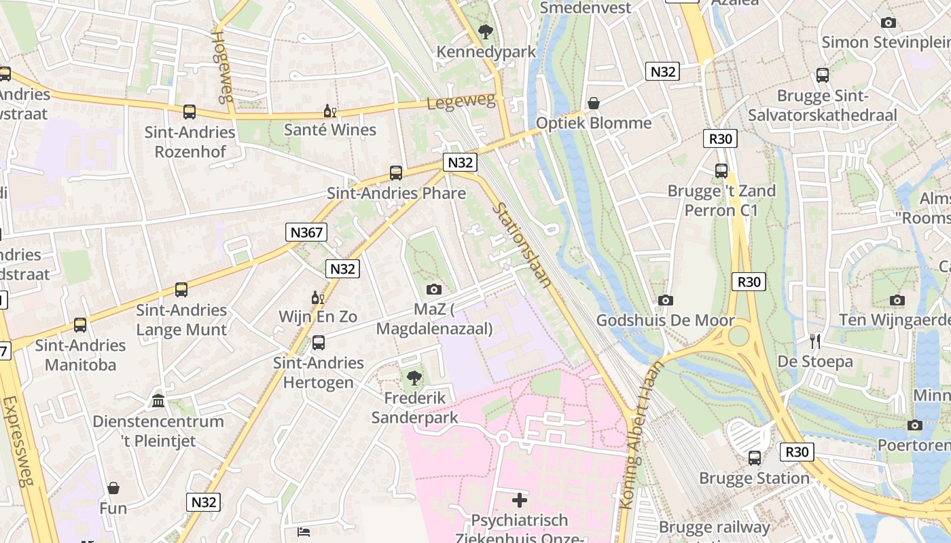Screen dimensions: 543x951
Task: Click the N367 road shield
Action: click(x=307, y=232)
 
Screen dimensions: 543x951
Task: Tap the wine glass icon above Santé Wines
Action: click(x=330, y=111)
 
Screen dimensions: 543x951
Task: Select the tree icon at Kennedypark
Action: click(x=486, y=31)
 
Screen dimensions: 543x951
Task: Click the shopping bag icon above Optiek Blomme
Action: click(x=594, y=103)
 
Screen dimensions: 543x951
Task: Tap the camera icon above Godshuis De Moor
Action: click(x=666, y=300)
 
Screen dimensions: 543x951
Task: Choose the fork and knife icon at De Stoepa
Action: click(x=815, y=341)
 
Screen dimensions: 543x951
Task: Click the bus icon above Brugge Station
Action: click(x=755, y=458)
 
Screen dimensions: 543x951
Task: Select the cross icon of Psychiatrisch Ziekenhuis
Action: click(x=520, y=501)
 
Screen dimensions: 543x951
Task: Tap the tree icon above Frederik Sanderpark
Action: click(x=414, y=378)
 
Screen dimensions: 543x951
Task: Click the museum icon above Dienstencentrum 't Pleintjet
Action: click(x=158, y=401)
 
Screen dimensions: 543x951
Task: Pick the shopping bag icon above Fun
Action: click(x=113, y=488)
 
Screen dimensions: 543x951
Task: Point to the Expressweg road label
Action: click(x=18, y=441)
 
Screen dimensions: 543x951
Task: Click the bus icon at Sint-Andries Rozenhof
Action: click(x=190, y=112)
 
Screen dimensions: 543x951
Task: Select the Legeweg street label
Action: click(x=461, y=102)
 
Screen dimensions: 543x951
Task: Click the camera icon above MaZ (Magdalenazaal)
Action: click(x=434, y=290)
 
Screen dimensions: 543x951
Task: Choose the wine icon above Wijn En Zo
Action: click(x=317, y=297)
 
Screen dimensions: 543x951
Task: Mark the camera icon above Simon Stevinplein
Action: click(x=888, y=22)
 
